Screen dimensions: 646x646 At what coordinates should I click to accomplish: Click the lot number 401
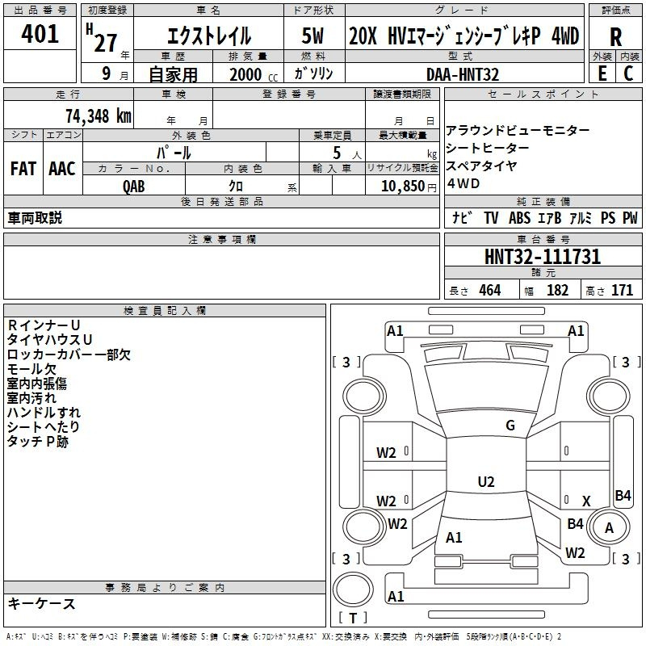point(40,34)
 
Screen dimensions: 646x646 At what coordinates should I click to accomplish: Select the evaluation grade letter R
point(615,37)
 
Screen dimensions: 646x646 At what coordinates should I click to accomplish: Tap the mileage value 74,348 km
point(95,115)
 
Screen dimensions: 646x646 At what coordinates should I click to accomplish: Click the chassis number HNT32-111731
point(543,257)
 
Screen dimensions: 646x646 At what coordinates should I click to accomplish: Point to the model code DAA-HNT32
point(462,74)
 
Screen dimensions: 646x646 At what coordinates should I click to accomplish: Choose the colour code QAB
point(134,186)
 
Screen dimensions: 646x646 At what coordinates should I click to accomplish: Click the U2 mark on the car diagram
point(486,482)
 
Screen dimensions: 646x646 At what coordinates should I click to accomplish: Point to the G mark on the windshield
point(510,426)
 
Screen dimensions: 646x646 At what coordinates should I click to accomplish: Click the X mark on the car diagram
point(586,501)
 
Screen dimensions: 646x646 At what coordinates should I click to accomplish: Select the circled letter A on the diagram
point(610,529)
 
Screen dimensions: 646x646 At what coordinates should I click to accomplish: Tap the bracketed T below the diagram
point(353,619)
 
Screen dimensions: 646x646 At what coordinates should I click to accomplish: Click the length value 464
point(489,290)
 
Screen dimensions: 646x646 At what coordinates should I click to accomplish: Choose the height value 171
point(622,290)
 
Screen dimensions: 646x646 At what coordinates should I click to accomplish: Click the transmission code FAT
point(23,168)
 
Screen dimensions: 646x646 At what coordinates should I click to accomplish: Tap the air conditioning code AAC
point(62,168)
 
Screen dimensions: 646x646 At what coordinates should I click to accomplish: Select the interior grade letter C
point(628,73)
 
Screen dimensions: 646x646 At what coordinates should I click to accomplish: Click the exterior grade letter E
point(602,73)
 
